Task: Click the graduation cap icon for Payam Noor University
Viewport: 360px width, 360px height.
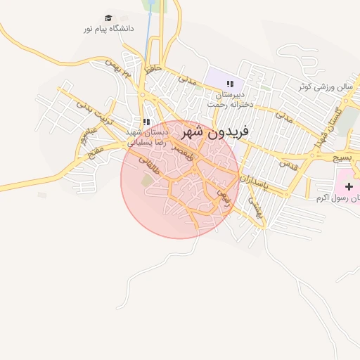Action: (x=108, y=18)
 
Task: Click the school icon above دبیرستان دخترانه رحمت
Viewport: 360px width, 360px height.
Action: (x=229, y=84)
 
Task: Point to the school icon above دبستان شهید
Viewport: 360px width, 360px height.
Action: (x=146, y=122)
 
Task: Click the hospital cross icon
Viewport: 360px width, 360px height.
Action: (x=349, y=185)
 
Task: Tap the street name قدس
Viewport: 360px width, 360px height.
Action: (x=288, y=164)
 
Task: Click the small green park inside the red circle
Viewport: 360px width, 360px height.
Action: (x=147, y=181)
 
